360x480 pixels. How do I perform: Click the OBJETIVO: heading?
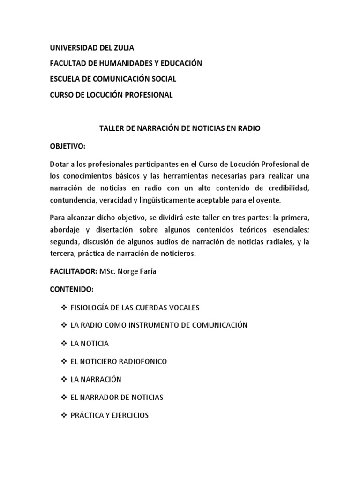pyautogui.click(x=68, y=147)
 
